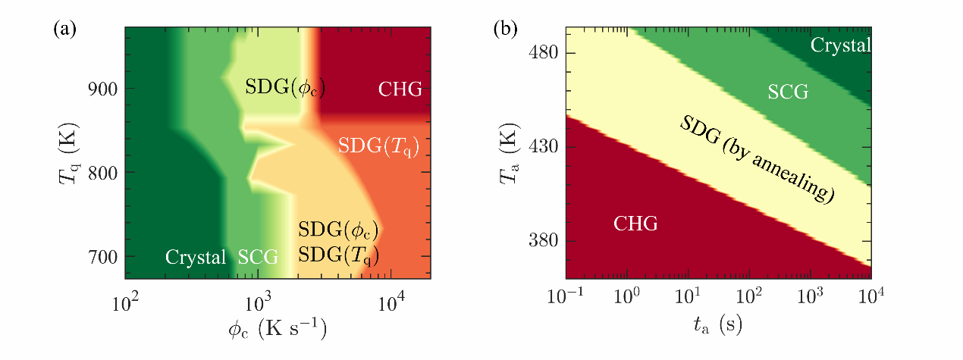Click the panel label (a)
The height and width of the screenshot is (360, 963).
point(63,30)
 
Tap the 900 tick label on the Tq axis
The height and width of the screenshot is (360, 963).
point(102,89)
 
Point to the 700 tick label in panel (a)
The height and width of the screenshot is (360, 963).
point(102,257)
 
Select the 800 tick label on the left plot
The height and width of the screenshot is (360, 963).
point(102,173)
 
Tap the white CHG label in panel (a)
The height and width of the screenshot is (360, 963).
point(399,89)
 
